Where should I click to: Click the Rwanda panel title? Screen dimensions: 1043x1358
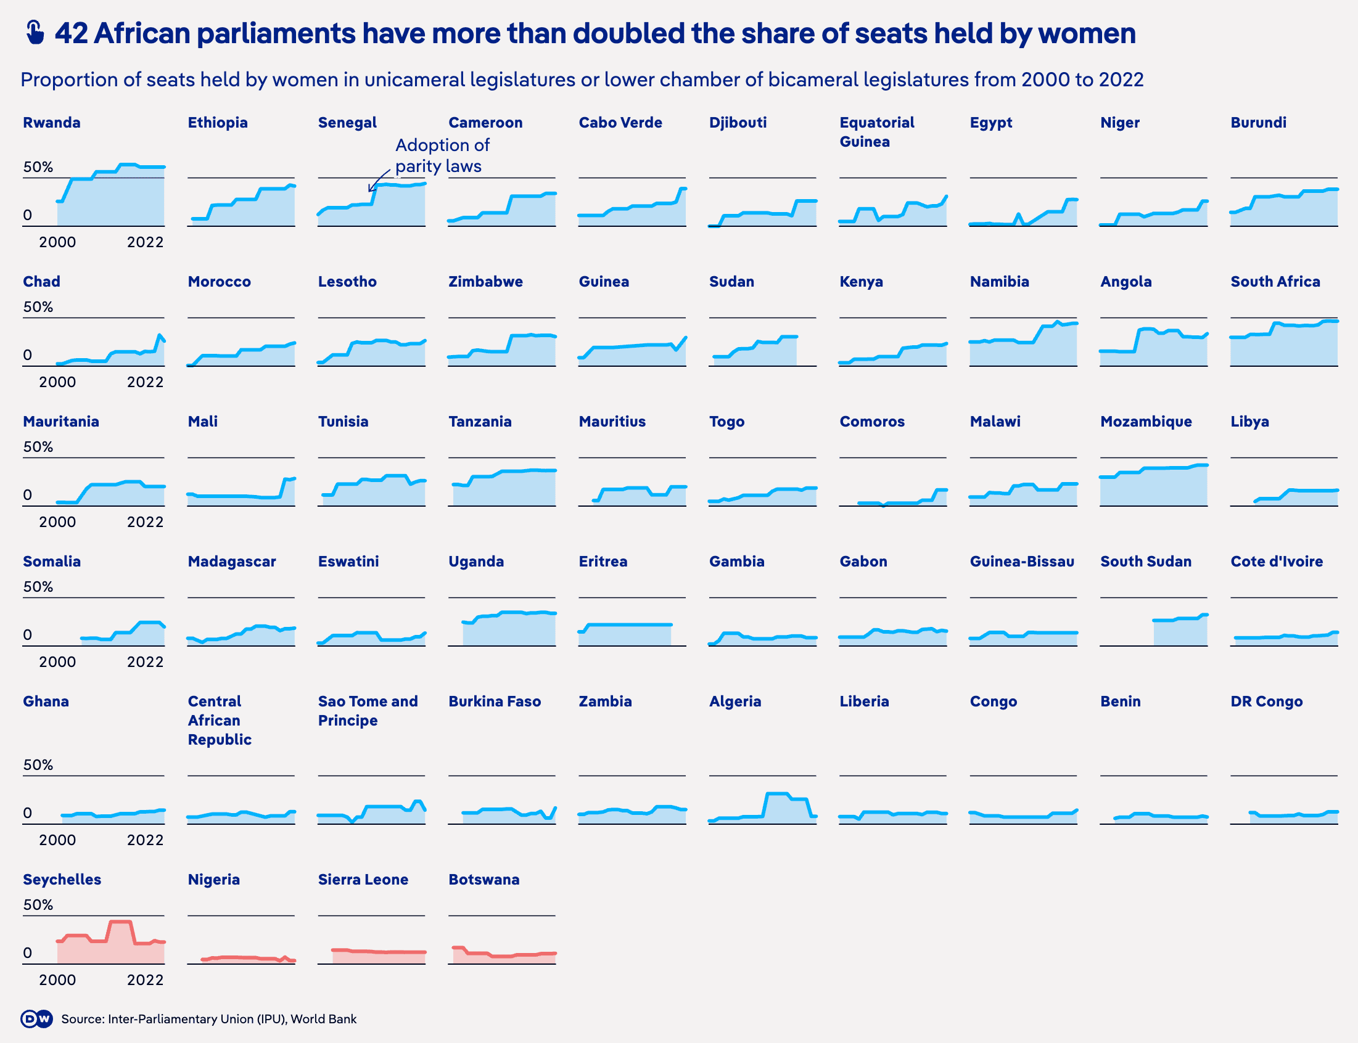(x=52, y=122)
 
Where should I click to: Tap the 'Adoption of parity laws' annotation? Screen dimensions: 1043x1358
(x=442, y=155)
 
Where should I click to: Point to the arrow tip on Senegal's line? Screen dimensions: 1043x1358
(x=369, y=190)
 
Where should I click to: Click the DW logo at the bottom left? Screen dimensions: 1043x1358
(x=36, y=1019)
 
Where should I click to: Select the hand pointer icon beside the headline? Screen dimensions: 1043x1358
(x=35, y=33)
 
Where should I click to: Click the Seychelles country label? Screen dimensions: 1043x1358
(x=62, y=879)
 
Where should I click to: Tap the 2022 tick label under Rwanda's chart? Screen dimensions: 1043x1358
(x=145, y=242)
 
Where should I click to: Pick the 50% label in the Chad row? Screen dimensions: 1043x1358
(x=38, y=307)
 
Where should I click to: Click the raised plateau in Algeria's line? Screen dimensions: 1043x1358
(x=778, y=794)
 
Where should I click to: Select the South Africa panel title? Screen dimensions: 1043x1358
(x=1275, y=281)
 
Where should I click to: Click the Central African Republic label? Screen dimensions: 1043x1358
(x=219, y=720)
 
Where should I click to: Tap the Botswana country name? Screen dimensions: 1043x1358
(x=484, y=879)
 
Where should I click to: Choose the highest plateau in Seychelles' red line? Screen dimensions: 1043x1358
(x=120, y=922)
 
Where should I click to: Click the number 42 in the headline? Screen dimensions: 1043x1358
(x=72, y=33)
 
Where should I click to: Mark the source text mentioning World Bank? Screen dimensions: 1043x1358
(x=208, y=1019)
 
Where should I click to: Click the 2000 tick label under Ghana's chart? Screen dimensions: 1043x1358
(x=57, y=840)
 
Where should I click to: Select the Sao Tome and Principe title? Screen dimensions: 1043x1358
(x=368, y=711)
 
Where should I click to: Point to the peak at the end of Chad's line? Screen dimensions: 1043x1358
(x=160, y=336)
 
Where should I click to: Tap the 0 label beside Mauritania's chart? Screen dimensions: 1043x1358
(x=27, y=495)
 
